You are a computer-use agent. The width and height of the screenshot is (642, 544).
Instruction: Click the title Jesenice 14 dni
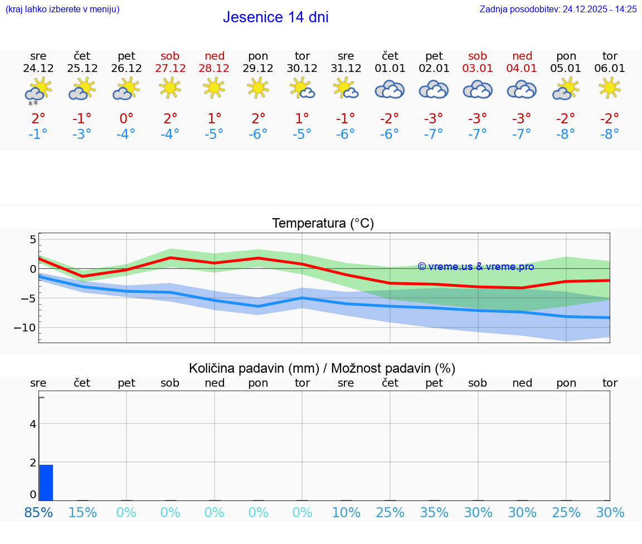[x=275, y=17]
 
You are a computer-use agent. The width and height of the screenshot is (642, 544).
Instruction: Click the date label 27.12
[x=170, y=68]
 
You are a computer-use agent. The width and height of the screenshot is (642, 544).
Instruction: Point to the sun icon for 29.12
[x=258, y=88]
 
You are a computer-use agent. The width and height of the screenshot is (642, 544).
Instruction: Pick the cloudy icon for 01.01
[x=390, y=89]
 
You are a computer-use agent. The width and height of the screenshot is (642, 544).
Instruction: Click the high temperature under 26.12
[x=127, y=119]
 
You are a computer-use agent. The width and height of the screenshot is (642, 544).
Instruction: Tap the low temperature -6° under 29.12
[x=258, y=134]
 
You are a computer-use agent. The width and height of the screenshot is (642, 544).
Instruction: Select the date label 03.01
[x=478, y=68]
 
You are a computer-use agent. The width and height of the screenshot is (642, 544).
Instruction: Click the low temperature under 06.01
[x=610, y=134]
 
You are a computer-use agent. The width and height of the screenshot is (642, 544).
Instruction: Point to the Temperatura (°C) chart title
[x=323, y=224]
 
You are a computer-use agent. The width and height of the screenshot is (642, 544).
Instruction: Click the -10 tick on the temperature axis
[x=25, y=328]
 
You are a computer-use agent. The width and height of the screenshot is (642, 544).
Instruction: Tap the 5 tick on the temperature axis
[x=32, y=240]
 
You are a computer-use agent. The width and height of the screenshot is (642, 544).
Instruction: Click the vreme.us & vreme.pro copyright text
[x=476, y=267]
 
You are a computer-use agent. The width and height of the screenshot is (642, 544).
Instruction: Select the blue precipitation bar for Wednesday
[x=46, y=483]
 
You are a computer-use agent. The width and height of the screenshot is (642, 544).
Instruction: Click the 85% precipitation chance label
[x=38, y=512]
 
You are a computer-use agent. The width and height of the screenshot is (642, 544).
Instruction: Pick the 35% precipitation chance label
[x=434, y=512]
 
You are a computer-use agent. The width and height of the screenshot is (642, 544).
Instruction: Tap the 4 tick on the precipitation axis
[x=33, y=424]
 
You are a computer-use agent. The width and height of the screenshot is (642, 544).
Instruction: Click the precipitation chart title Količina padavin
[x=322, y=368]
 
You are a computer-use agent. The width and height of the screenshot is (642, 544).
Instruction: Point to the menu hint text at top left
[x=62, y=9]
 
